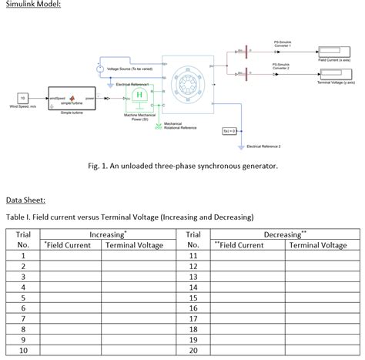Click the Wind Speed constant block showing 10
tap(23, 99)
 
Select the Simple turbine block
tap(72, 99)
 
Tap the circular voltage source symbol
tap(100, 69)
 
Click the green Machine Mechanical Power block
tap(140, 96)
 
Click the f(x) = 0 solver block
tap(230, 131)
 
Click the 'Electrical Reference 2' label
tap(263, 146)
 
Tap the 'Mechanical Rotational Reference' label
tap(180, 126)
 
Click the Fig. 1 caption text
tap(182, 166)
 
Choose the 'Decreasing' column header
tap(285, 234)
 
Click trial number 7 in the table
tap(24, 317)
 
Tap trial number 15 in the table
tap(193, 297)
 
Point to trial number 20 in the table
tap(193, 349)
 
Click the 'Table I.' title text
tap(129, 217)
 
